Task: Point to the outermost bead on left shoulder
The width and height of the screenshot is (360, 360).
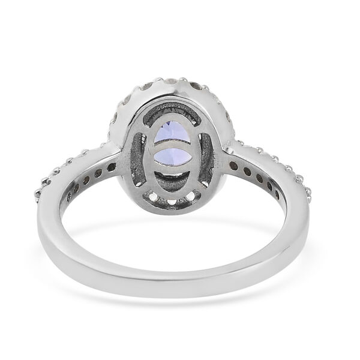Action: click(43, 191)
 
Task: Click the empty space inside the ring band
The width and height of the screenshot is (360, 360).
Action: click(177, 240)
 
